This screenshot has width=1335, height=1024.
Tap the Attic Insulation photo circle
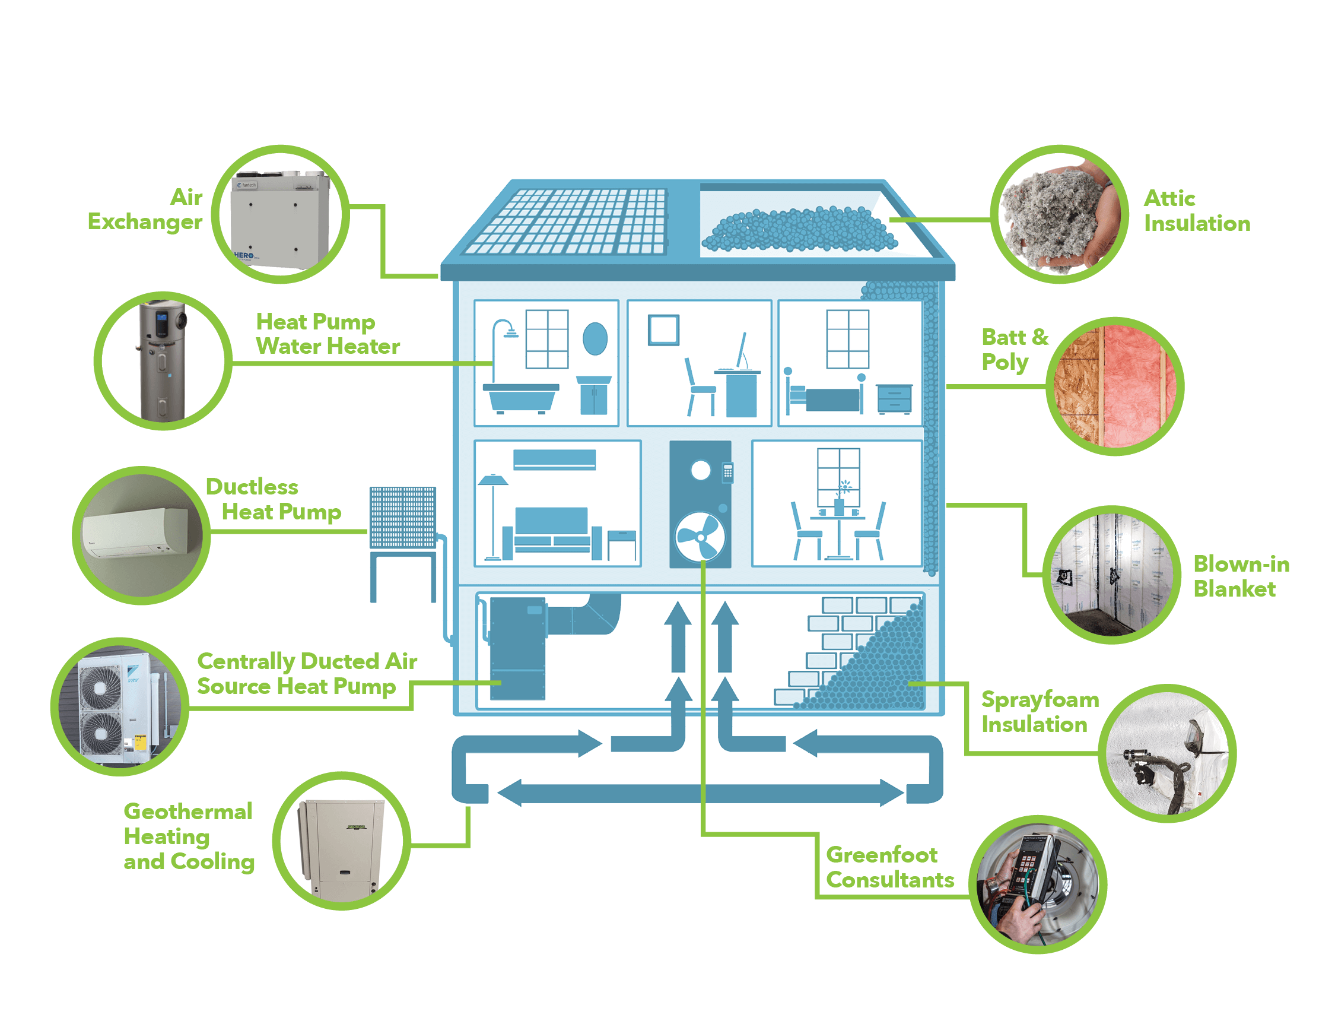pyautogui.click(x=1060, y=214)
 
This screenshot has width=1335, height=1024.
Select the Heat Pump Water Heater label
pyautogui.click(x=327, y=334)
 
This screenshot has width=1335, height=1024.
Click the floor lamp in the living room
pyautogui.click(x=492, y=518)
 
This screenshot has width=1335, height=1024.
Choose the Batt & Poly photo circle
pyautogui.click(x=1115, y=386)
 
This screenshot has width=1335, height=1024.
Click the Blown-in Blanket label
pyautogui.click(x=1241, y=576)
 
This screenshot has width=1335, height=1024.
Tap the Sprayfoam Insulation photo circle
pyautogui.click(x=1167, y=753)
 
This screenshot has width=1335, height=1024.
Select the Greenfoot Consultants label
pyautogui.click(x=889, y=867)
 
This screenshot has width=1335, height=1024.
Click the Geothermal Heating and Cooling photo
pyautogui.click(x=341, y=841)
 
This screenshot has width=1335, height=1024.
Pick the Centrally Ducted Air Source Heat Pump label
pyautogui.click(x=307, y=674)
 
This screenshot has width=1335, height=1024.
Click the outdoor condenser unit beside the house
pyautogui.click(x=403, y=517)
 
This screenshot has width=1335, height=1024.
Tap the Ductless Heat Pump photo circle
pyautogui.click(x=141, y=536)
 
